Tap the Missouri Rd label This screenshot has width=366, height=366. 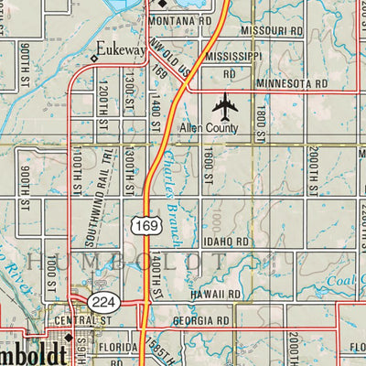(271, 30)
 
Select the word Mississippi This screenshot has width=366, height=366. (233, 56)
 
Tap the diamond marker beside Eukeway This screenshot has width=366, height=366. (93, 59)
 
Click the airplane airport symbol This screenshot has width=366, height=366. (224, 107)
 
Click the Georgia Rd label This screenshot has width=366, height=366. (200, 322)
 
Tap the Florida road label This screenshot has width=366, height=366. (118, 348)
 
